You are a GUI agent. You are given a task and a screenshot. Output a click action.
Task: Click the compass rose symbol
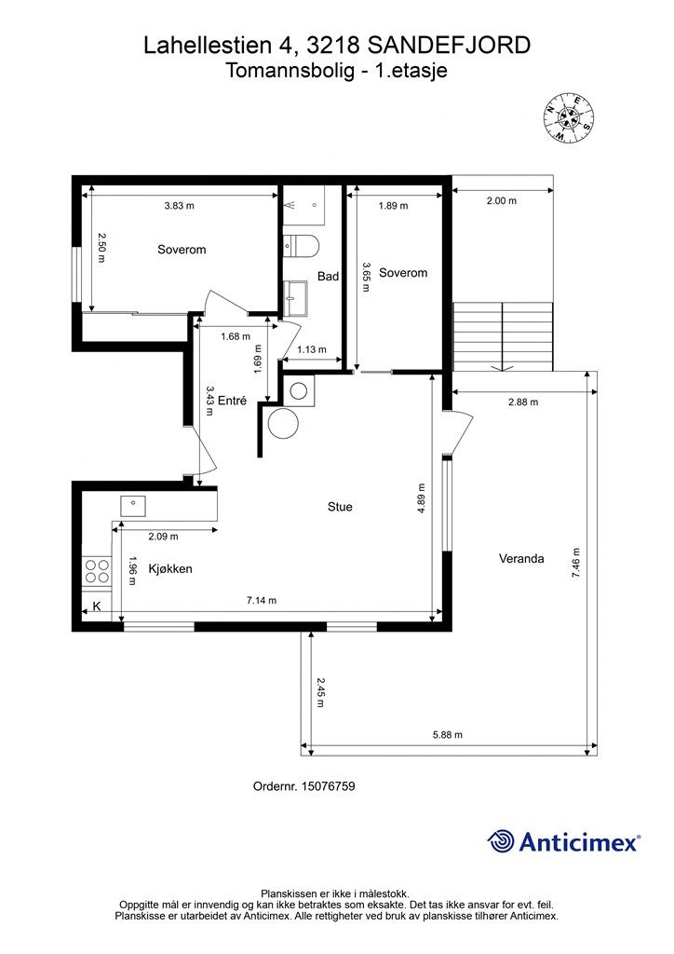[x=568, y=118]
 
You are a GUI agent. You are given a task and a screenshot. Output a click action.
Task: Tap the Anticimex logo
[x=563, y=841]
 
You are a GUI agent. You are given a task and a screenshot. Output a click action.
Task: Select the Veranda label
[x=520, y=559]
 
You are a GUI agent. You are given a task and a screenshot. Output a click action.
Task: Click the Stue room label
[x=340, y=507]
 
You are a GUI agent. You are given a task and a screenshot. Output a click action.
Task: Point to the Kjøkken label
[x=170, y=569]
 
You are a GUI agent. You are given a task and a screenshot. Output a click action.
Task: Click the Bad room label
[x=329, y=276]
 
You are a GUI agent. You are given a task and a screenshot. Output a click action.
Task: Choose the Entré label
[x=232, y=401]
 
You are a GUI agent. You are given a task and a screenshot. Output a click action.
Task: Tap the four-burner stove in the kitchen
[x=97, y=571]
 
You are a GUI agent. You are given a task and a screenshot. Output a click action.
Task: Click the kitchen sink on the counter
[x=132, y=506]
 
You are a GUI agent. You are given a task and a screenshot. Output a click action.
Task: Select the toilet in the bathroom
[x=302, y=246]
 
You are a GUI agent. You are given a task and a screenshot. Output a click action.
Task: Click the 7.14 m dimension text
[x=262, y=601]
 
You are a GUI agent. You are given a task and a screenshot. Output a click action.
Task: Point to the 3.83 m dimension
[x=180, y=206]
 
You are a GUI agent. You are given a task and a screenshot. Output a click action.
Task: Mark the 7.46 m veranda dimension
[x=576, y=563]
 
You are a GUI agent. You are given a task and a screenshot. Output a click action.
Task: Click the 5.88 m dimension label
[x=447, y=735]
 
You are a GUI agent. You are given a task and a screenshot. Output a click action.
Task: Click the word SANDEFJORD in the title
[x=449, y=46]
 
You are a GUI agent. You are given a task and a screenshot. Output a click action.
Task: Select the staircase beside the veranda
[x=504, y=336]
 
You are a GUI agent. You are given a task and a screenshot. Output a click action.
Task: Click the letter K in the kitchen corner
[x=96, y=606]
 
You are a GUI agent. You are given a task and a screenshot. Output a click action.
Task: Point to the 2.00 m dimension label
[x=502, y=201]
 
